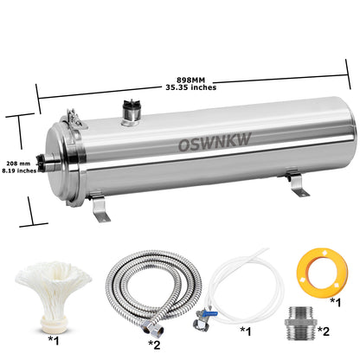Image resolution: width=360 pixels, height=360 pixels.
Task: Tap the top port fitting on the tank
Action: click(x=132, y=110)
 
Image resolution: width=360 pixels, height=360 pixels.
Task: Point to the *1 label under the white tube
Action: click(x=246, y=330)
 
